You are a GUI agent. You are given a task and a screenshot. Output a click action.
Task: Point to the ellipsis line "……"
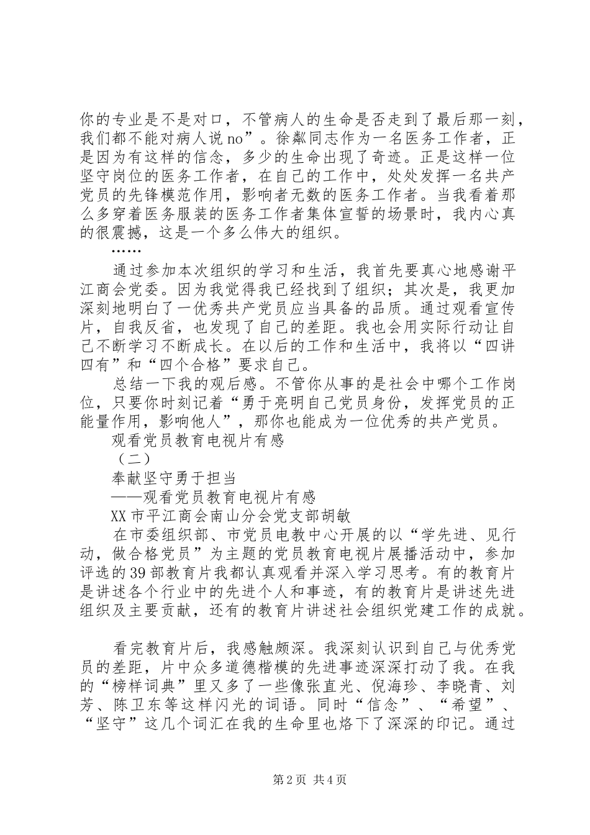[x=127, y=252]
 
